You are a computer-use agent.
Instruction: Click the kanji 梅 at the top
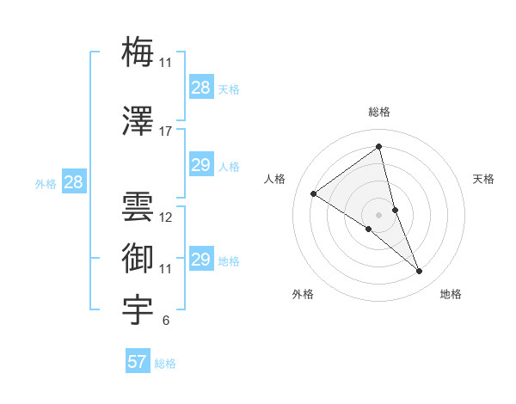click(x=138, y=52)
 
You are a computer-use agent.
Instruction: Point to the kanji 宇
click(x=138, y=309)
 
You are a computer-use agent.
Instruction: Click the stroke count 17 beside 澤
click(x=165, y=132)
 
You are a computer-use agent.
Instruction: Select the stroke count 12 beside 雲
click(x=165, y=217)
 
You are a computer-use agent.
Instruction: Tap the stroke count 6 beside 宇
click(x=165, y=321)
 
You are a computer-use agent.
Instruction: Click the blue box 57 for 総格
click(x=138, y=362)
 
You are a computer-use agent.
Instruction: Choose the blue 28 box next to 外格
click(x=73, y=182)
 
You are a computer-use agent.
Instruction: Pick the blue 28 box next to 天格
click(x=201, y=88)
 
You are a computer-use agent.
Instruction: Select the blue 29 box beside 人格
click(x=201, y=165)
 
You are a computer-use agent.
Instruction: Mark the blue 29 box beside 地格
click(x=201, y=260)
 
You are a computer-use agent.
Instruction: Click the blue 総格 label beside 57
click(x=165, y=364)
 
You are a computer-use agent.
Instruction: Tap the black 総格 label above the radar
click(x=379, y=112)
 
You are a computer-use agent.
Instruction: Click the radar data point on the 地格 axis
click(x=419, y=272)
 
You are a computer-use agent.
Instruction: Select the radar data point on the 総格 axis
click(x=379, y=147)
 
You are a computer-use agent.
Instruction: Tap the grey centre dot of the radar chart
click(x=379, y=214)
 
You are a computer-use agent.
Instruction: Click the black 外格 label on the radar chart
click(x=303, y=295)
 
